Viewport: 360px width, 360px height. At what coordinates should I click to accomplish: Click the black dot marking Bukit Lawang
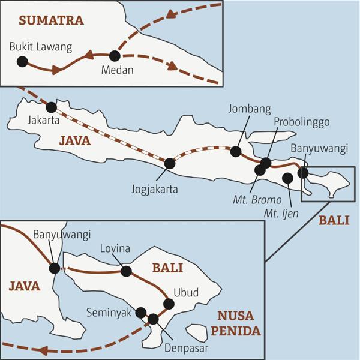pyautogui.click(x=23, y=61)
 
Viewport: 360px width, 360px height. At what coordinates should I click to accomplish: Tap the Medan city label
pyautogui.click(x=116, y=70)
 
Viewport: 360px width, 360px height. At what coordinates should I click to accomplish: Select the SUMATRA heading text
pyautogui.click(x=51, y=20)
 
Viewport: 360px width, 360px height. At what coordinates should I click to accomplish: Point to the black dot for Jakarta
pyautogui.click(x=52, y=107)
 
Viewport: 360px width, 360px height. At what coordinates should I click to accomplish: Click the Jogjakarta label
pyautogui.click(x=154, y=189)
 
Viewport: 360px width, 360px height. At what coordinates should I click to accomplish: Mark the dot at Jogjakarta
pyautogui.click(x=170, y=163)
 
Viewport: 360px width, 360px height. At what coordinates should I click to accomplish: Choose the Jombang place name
pyautogui.click(x=250, y=109)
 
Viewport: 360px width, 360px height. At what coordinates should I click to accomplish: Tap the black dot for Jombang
pyautogui.click(x=236, y=152)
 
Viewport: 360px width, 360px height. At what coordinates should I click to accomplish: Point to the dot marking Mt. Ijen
pyautogui.click(x=287, y=178)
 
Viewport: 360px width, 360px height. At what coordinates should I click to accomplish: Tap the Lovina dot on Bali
pyautogui.click(x=126, y=271)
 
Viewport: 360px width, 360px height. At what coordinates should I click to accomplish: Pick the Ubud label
pyautogui.click(x=185, y=293)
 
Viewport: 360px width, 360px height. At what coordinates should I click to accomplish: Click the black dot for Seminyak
pyautogui.click(x=141, y=312)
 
